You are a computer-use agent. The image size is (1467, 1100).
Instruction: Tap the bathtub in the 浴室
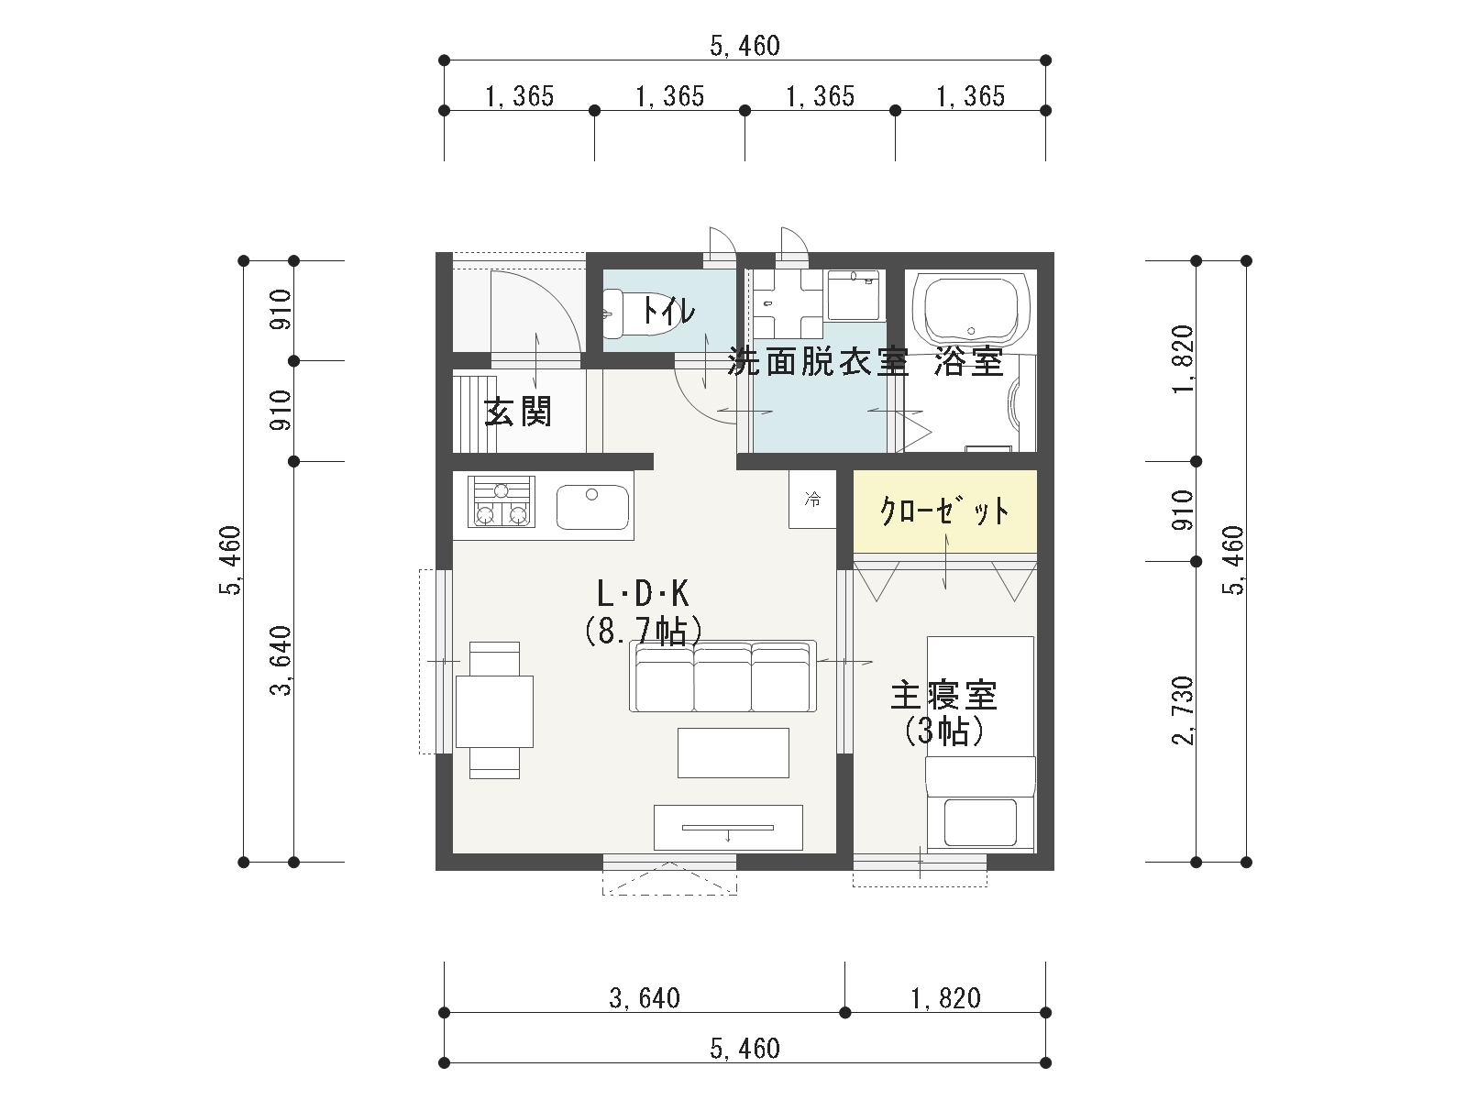coord(970,312)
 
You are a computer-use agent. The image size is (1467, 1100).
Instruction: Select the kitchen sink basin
coord(592,507)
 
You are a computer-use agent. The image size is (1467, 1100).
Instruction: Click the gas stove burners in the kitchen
coord(502,501)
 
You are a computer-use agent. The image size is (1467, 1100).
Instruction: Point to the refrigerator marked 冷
coord(812,499)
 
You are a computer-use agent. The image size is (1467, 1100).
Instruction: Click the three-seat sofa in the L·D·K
coord(722,676)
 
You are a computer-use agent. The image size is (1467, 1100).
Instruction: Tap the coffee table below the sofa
coord(733,753)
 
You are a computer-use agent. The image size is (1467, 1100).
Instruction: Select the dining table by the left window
coord(494,711)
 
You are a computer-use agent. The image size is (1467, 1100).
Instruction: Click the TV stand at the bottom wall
coord(728,828)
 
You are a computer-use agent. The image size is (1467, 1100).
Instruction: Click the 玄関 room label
coord(519,412)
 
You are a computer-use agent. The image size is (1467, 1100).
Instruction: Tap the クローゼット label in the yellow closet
coord(944,511)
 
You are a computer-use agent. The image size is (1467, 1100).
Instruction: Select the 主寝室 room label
coord(943,695)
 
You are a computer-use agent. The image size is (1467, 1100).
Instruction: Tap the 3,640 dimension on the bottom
coord(645,998)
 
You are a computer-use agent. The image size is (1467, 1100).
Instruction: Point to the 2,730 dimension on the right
coord(1183,710)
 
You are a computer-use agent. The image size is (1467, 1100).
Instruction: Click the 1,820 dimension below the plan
coord(945,998)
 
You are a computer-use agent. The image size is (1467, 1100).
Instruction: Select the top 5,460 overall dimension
coord(745,46)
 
